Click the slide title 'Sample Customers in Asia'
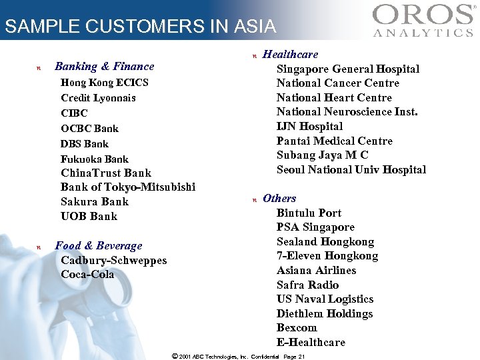pyautogui.click(x=139, y=27)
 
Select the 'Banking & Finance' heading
pyautogui.click(x=104, y=66)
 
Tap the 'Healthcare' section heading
pyautogui.click(x=290, y=55)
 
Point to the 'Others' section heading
pyautogui.click(x=279, y=199)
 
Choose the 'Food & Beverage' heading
pyautogui.click(x=98, y=246)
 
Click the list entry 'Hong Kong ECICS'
pyautogui.click(x=104, y=83)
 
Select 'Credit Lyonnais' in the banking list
pyautogui.click(x=98, y=98)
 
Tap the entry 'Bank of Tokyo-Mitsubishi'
pyautogui.click(x=128, y=187)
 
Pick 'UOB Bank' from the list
pyautogui.click(x=89, y=216)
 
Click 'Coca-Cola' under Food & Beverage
pyautogui.click(x=87, y=274)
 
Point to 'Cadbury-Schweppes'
pyautogui.click(x=113, y=260)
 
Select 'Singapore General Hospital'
pyautogui.click(x=348, y=69)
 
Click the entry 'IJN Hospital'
pyautogui.click(x=309, y=127)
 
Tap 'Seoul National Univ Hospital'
pyautogui.click(x=351, y=169)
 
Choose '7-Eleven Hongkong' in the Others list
pyautogui.click(x=327, y=256)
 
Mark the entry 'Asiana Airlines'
pyautogui.click(x=316, y=271)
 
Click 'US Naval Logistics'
pyautogui.click(x=325, y=299)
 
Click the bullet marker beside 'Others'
pyautogui.click(x=253, y=199)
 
